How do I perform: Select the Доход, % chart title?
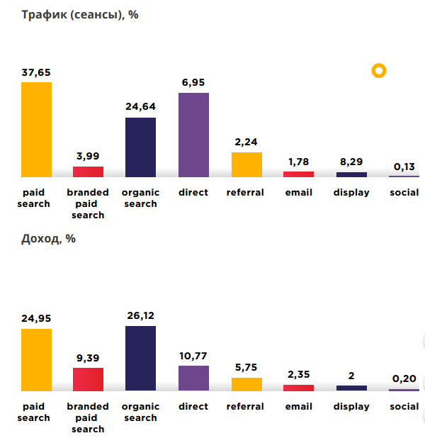(48, 239)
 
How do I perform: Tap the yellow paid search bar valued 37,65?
(36, 130)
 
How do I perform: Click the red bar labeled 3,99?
(89, 172)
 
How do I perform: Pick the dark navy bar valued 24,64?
(140, 147)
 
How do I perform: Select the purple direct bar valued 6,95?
(193, 135)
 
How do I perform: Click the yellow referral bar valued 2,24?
(246, 164)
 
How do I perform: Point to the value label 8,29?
(351, 162)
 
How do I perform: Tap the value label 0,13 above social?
(404, 167)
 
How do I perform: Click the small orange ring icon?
(379, 70)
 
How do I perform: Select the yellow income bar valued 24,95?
(36, 359)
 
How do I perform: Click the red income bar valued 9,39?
(89, 379)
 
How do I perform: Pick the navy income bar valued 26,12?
(140, 358)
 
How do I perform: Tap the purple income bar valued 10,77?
(193, 378)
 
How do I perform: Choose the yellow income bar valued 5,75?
(246, 383)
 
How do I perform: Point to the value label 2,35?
(298, 375)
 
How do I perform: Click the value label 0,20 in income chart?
(404, 379)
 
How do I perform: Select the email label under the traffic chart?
(298, 193)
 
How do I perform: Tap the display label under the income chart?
(351, 407)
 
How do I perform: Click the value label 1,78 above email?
(298, 162)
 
